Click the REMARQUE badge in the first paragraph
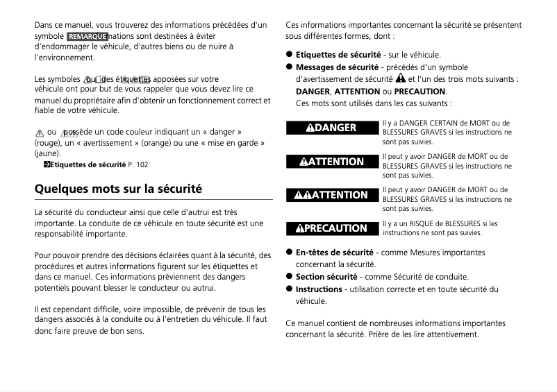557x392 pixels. coord(88,36)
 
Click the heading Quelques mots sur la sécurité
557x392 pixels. coord(118,189)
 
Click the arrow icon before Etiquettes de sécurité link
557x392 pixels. coord(47,165)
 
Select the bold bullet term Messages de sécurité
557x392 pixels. coord(338,67)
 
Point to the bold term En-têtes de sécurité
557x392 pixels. coord(335,253)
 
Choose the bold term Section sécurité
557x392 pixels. coord(327,277)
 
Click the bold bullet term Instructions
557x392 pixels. coord(319,289)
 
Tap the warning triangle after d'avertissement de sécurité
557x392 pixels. coord(400,79)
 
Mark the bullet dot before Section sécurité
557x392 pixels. coord(290,277)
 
